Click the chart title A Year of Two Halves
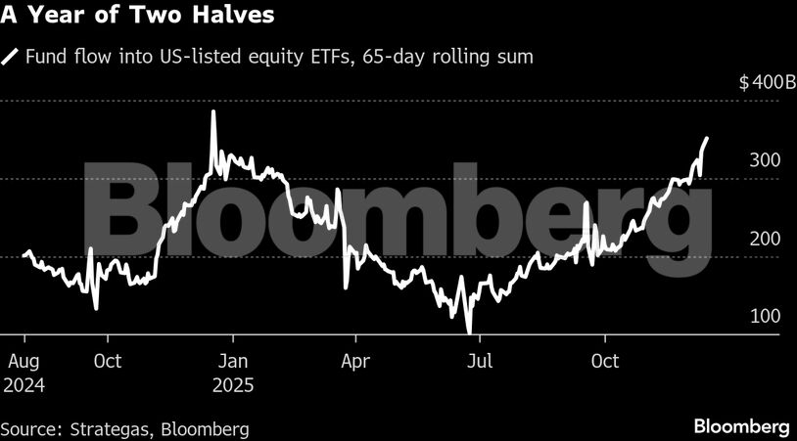137,17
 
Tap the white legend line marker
11,57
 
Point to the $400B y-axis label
767,82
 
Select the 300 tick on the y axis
766,160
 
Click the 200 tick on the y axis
766,239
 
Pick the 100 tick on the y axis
766,316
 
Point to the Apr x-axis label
354,361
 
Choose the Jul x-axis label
479,361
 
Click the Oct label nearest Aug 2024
107,361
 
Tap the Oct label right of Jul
605,361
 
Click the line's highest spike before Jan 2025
213,112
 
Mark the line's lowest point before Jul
470,332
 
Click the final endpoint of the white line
707,139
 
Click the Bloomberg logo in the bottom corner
741,426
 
